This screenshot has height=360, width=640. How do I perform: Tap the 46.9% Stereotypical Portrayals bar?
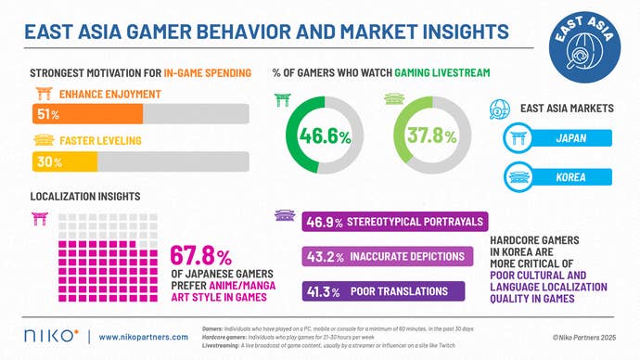pos(394,223)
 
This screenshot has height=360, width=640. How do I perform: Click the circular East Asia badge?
pos(585,46)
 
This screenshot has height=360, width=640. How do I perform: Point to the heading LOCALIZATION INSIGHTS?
pos(84,198)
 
